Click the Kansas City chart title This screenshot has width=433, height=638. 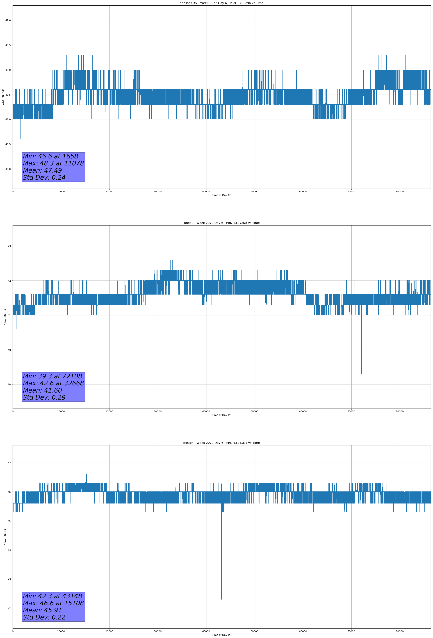pyautogui.click(x=221, y=3)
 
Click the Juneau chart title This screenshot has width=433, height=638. pyautogui.click(x=221, y=223)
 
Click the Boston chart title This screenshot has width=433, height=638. pyautogui.click(x=221, y=443)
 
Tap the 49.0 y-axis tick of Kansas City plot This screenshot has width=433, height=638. pyautogui.click(x=8, y=20)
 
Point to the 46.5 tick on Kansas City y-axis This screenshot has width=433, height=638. pyautogui.click(x=8, y=144)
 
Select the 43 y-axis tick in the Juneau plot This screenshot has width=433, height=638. pyautogui.click(x=9, y=246)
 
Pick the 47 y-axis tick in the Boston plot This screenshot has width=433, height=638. pyautogui.click(x=9, y=463)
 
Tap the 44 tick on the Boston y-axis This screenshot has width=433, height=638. pyautogui.click(x=9, y=550)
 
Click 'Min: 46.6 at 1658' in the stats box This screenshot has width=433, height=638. pyautogui.click(x=51, y=156)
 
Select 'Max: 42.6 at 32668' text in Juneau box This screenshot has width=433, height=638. pyautogui.click(x=53, y=383)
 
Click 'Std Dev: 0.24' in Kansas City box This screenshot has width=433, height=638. pyautogui.click(x=44, y=178)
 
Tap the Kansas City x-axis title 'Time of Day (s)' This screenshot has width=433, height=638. pyautogui.click(x=221, y=195)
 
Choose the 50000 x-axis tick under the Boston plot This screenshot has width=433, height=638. pyautogui.click(x=254, y=631)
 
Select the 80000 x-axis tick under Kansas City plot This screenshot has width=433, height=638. pyautogui.click(x=400, y=192)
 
